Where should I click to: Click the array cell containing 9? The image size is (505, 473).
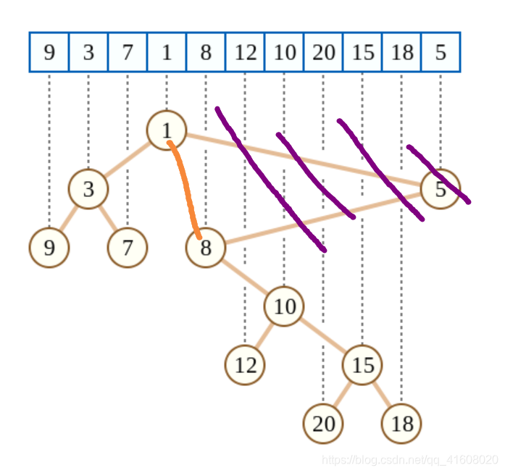click(x=49, y=52)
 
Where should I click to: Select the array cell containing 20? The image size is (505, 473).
click(x=323, y=52)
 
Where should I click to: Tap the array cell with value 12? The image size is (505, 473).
click(x=245, y=52)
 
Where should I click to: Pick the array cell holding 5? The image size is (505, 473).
click(x=441, y=52)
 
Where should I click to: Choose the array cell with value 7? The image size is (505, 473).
click(x=128, y=52)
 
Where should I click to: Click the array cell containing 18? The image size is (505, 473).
click(x=401, y=52)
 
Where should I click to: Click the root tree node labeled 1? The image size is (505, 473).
click(x=167, y=130)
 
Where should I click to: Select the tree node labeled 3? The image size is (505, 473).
click(x=88, y=189)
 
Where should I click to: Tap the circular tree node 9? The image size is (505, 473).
click(x=49, y=248)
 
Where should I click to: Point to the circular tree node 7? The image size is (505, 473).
click(x=128, y=248)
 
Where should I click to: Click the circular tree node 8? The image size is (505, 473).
click(x=206, y=248)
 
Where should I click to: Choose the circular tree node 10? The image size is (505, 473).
click(x=284, y=306)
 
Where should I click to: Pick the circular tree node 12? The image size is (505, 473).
click(x=245, y=365)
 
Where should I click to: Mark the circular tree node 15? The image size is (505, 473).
click(x=362, y=365)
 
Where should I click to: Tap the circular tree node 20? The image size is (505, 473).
click(x=323, y=424)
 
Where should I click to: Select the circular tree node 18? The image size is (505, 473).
click(x=401, y=424)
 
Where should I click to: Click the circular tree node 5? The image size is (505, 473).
click(x=441, y=189)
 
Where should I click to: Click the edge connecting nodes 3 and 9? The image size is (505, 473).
click(x=69, y=219)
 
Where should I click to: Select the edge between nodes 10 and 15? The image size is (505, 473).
click(x=323, y=336)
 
